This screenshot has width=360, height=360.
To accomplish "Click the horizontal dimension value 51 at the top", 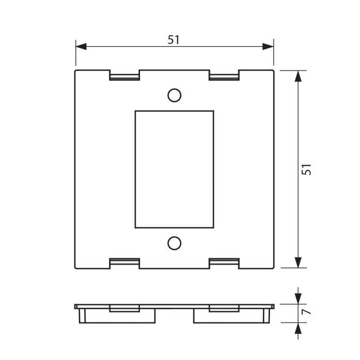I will (174, 40).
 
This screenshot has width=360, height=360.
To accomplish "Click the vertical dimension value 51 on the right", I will (306, 169).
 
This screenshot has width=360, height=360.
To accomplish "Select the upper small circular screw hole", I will (174, 95).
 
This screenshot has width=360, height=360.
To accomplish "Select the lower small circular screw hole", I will (174, 243).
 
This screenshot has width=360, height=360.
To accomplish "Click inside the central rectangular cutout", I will (174, 169).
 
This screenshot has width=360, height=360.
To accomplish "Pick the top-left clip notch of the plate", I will (124, 76).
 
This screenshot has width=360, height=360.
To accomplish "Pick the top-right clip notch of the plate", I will (224, 76).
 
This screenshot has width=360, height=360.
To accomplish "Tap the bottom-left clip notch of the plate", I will (124, 263).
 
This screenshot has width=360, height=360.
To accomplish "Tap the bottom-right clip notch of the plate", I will (224, 263).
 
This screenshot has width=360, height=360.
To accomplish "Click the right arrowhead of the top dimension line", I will (268, 47).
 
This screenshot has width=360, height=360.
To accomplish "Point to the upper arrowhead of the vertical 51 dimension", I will (298, 76).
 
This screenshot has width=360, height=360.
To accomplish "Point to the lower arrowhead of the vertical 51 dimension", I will (298, 262).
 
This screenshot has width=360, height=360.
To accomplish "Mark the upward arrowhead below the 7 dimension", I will (298, 328).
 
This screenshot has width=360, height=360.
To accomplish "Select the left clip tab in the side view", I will (124, 308).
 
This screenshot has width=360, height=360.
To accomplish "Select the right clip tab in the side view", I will (224, 308).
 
